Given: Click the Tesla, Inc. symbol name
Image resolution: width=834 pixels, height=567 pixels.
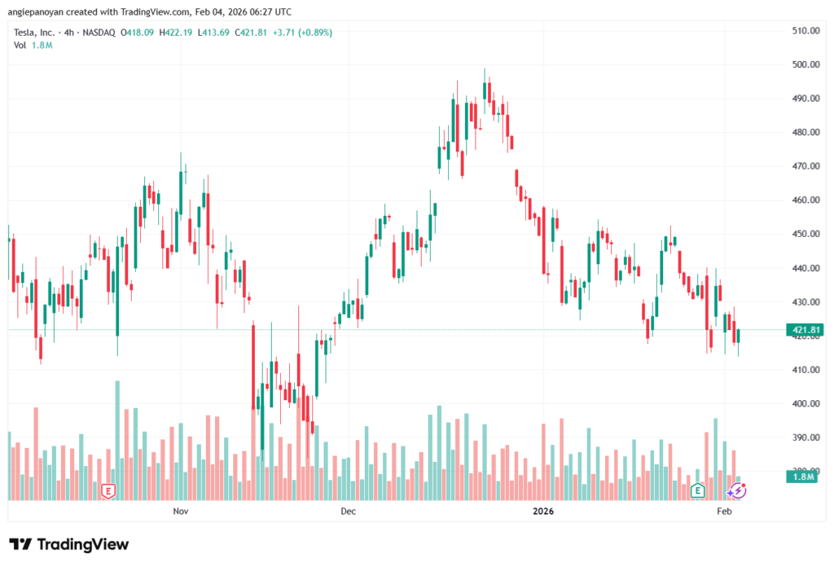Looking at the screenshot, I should tap(35, 33).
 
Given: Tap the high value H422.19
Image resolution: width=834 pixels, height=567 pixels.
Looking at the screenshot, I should tap(177, 33).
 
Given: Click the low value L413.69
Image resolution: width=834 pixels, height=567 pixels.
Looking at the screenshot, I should tap(214, 33).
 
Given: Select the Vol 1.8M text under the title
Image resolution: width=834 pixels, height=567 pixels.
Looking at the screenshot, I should tap(33, 45).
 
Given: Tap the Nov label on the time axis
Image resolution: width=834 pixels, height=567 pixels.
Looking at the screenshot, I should tap(181, 512).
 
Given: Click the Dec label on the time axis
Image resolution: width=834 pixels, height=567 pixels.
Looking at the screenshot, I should tap(348, 512).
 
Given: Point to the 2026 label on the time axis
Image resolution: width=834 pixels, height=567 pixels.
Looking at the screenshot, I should tap(543, 512).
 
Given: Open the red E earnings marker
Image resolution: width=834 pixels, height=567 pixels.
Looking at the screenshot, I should tap(107, 490).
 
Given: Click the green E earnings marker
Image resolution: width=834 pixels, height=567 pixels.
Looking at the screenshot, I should tap(697, 490).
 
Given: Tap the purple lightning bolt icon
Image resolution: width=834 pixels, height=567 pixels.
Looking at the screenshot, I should tap(737, 490).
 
